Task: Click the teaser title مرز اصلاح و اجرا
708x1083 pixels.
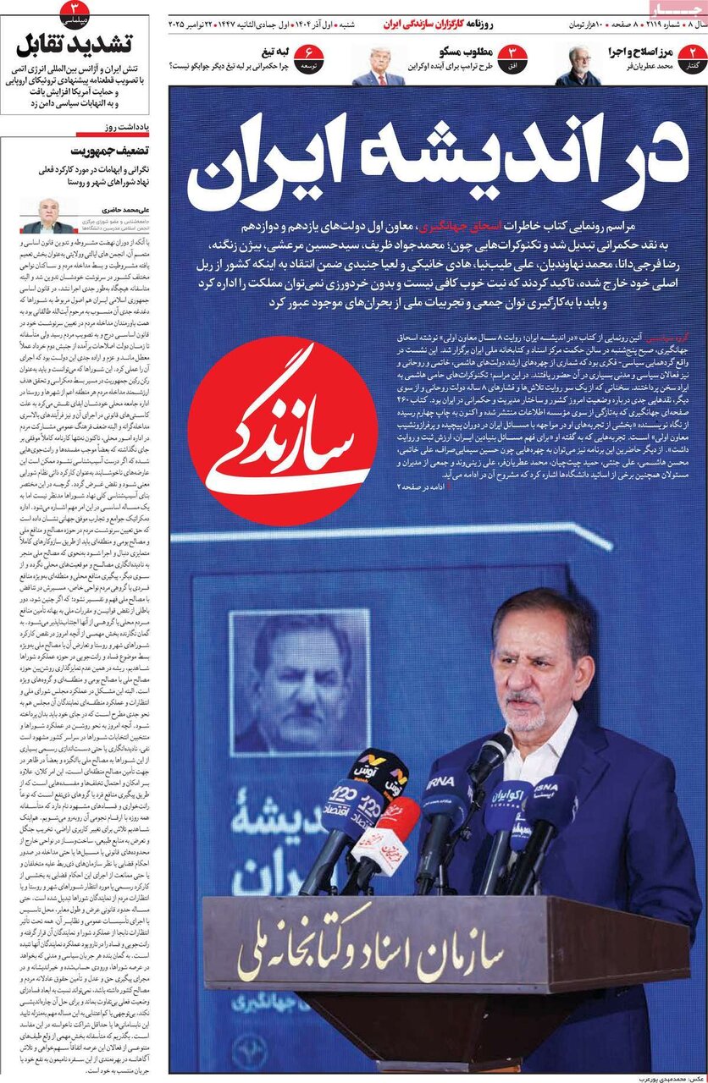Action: (x=640, y=52)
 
